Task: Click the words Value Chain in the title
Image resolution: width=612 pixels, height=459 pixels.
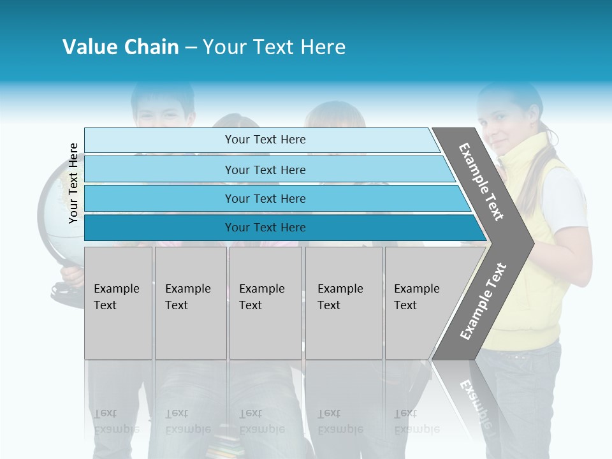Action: [x=120, y=47]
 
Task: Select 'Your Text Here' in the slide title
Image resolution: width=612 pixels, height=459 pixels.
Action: [x=274, y=47]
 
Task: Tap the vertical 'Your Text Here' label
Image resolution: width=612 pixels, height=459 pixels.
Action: [x=73, y=183]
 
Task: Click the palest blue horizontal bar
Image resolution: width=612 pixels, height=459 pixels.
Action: [x=261, y=140]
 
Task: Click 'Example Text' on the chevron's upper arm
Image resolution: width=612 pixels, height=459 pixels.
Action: [x=481, y=182]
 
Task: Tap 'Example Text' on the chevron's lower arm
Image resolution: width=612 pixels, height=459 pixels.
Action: [x=483, y=301]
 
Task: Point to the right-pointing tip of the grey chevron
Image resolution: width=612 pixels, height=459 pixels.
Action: [x=530, y=243]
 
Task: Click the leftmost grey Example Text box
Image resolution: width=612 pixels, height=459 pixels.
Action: [x=118, y=303]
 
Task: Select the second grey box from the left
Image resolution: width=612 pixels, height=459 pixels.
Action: [x=191, y=303]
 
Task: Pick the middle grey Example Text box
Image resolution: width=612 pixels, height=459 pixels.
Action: [x=265, y=303]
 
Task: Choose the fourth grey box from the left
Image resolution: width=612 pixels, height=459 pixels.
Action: [x=344, y=303]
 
